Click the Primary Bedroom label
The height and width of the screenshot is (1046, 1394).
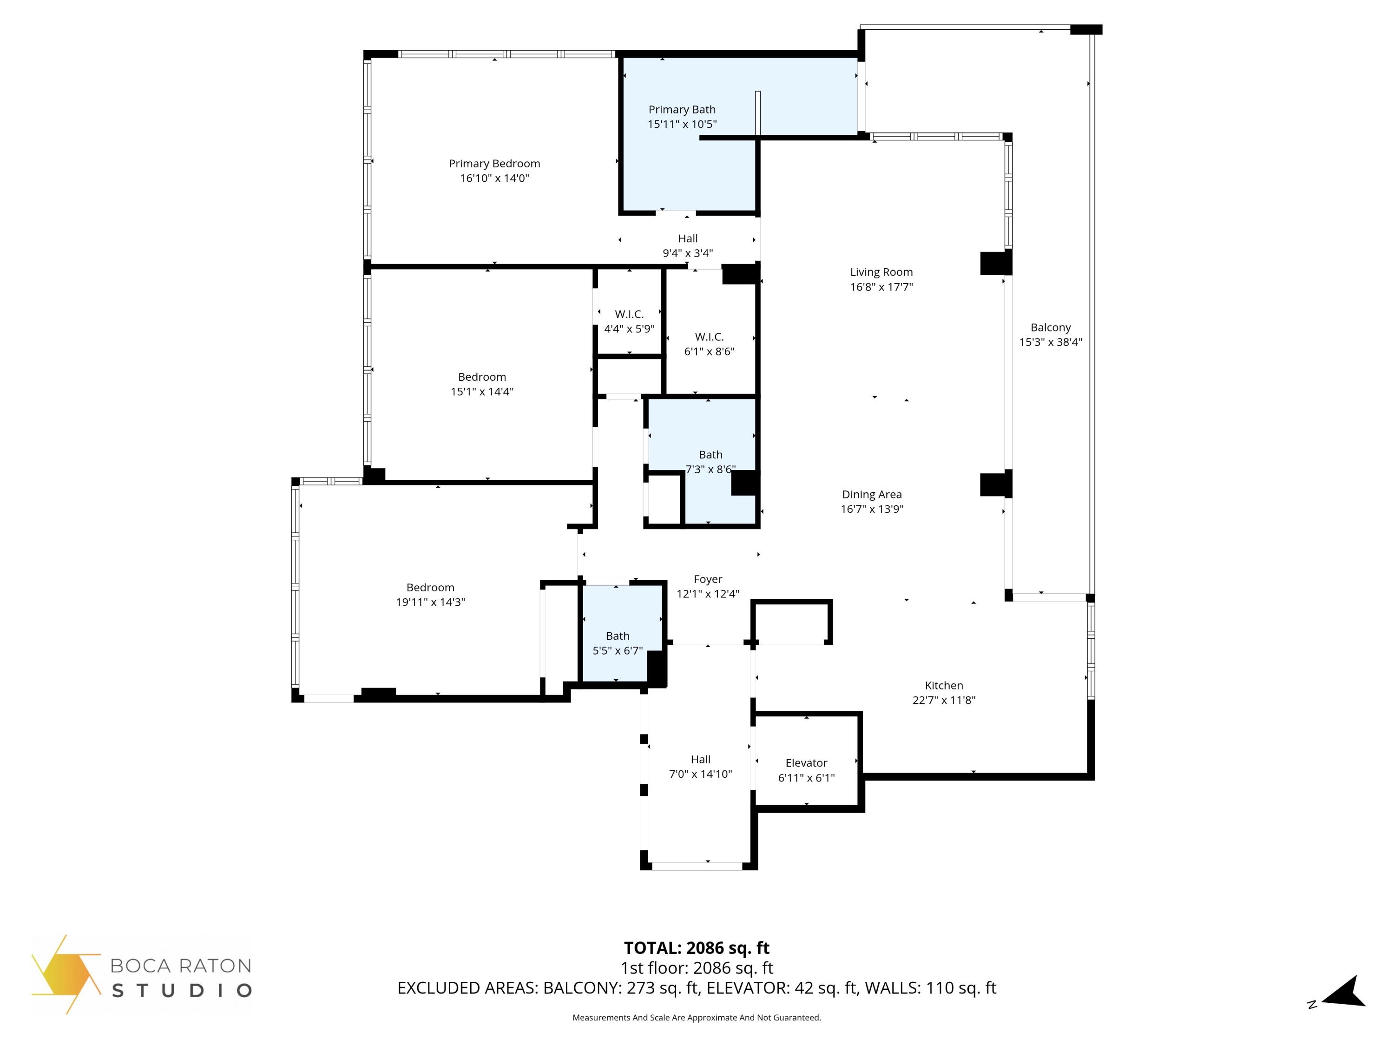click(494, 163)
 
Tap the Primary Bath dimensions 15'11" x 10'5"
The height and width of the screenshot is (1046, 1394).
click(682, 124)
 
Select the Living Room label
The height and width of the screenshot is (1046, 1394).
click(881, 272)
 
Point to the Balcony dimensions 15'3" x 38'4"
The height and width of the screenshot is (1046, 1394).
click(1051, 342)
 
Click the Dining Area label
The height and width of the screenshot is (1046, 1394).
click(872, 494)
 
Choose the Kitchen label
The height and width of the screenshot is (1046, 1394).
click(943, 685)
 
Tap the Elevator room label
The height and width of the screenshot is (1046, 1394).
click(806, 763)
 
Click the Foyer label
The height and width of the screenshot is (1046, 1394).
click(708, 579)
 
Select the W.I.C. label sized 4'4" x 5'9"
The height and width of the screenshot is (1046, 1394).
click(629, 314)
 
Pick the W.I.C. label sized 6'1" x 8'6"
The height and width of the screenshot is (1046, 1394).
click(709, 337)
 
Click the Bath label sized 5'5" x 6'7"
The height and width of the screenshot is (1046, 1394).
click(618, 636)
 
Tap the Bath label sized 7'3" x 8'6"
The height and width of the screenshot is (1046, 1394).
click(710, 455)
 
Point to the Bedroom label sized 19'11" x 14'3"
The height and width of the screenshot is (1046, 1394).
click(430, 587)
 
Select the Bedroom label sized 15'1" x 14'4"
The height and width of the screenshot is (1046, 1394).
click(481, 377)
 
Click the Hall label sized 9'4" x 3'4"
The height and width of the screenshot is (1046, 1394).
click(688, 238)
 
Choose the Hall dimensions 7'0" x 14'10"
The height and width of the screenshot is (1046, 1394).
click(700, 774)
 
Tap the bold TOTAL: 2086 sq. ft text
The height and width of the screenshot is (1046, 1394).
click(697, 947)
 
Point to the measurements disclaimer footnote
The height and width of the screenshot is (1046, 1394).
click(697, 1018)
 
